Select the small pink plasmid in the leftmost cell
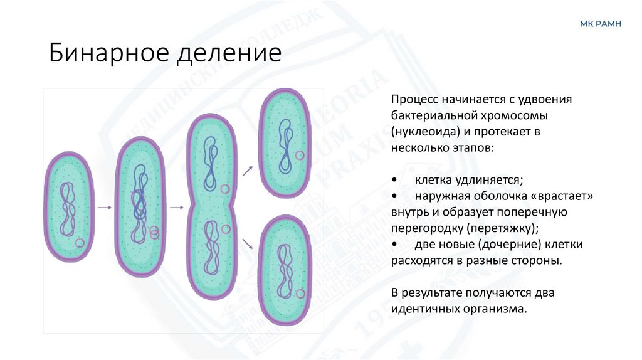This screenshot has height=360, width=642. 80,243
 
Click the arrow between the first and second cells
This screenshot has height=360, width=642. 105,207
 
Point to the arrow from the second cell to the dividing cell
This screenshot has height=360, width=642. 177,207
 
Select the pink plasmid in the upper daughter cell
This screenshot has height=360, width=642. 300,154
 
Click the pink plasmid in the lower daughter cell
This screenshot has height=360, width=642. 302,293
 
